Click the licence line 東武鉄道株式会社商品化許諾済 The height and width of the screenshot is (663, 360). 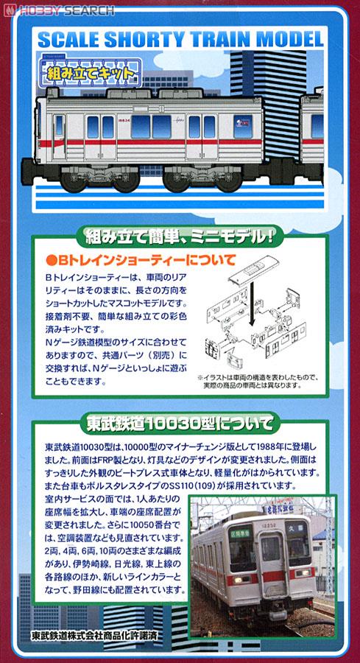click(x=100, y=636)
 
